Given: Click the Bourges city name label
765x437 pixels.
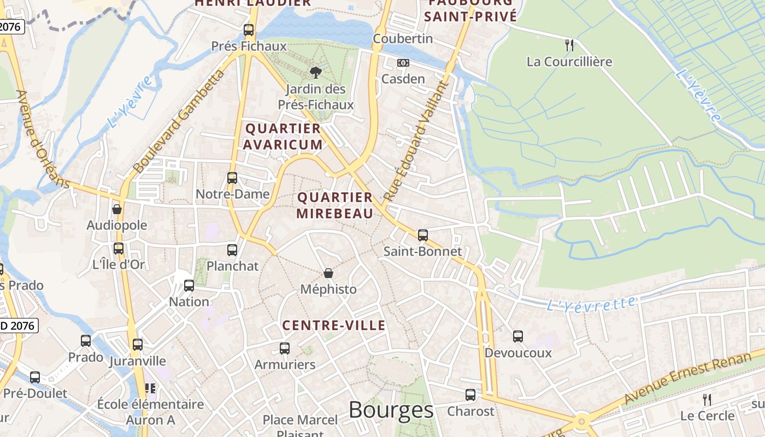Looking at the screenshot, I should [391, 410].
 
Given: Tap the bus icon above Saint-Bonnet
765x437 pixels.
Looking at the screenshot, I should [423, 235].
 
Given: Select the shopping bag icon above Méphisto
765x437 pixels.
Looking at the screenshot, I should [328, 273].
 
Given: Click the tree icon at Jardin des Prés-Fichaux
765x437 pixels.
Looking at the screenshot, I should [315, 73].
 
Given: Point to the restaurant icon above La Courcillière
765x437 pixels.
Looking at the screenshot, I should [569, 45].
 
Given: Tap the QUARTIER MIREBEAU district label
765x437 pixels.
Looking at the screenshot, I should [335, 205].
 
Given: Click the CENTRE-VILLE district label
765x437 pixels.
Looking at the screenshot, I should [334, 326].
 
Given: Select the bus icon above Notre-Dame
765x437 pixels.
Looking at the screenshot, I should [232, 178].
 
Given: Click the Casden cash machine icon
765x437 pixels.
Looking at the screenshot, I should [403, 63].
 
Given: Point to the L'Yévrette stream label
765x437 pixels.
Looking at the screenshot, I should [591, 304].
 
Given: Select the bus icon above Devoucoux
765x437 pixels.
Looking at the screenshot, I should [518, 336].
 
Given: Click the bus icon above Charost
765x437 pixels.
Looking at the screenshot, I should [470, 395].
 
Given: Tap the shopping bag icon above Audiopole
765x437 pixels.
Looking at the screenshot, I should [116, 209].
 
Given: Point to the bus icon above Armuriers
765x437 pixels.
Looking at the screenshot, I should [285, 349].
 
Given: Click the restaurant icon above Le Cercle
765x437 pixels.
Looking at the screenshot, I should [707, 399].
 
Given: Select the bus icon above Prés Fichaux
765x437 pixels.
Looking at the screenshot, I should [249, 30].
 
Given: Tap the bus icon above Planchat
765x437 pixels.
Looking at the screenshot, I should [232, 250].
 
